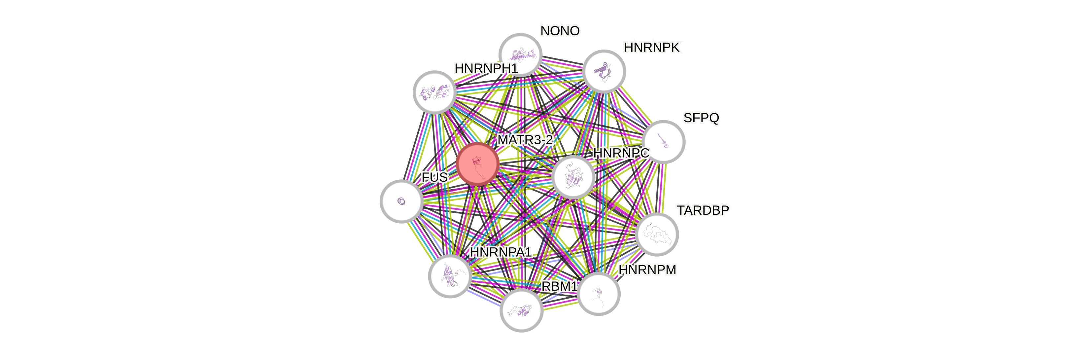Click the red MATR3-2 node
[x=477, y=164]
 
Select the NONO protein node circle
[x=520, y=54]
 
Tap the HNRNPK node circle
[x=604, y=71]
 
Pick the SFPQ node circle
[x=663, y=142]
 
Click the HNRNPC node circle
[x=573, y=177]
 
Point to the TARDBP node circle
[x=657, y=234]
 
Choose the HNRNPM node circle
[x=599, y=294]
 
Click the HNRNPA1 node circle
[x=450, y=276]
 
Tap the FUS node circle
[x=401, y=201]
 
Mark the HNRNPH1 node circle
[x=434, y=92]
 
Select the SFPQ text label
[x=701, y=118]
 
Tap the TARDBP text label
[x=703, y=210]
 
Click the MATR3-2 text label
[x=525, y=140]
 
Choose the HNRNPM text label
[x=647, y=270]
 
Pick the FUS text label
[x=434, y=177]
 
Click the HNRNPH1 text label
[x=486, y=68]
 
